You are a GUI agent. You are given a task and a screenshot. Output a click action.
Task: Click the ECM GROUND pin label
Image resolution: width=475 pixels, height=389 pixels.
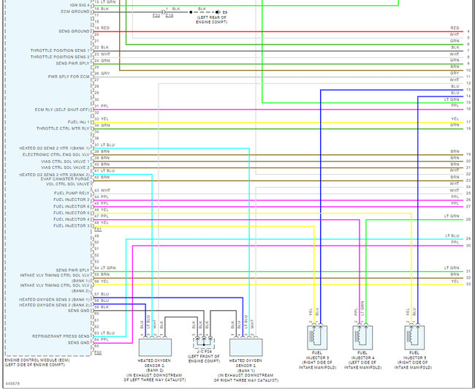click(75, 12)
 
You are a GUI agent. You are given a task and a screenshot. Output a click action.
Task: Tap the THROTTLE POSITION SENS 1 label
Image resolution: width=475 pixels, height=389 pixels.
click(61, 50)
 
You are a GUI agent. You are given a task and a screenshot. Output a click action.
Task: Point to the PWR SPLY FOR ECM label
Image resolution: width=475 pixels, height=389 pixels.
click(69, 76)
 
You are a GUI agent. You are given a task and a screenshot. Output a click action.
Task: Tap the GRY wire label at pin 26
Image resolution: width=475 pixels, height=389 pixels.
click(105, 73)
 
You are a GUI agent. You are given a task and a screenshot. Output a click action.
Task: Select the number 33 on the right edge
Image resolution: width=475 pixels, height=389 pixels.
click(468, 283)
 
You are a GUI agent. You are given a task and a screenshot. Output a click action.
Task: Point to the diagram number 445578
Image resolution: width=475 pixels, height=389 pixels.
click(12, 383)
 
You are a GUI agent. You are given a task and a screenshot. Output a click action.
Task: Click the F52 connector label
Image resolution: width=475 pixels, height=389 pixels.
click(99, 352)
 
